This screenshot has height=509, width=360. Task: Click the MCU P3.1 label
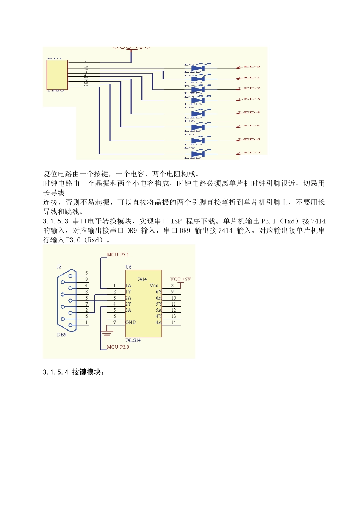click(x=118, y=254)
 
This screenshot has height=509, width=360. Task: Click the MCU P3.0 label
click(x=118, y=347)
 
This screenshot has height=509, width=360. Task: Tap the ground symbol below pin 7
click(x=107, y=334)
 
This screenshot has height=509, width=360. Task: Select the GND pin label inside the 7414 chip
click(x=131, y=323)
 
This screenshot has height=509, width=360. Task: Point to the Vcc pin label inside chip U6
click(x=154, y=286)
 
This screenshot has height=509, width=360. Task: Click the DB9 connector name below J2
click(x=61, y=335)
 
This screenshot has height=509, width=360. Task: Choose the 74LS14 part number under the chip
click(x=133, y=340)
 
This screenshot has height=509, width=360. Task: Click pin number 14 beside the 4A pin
click(x=174, y=323)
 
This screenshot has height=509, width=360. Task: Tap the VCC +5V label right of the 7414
click(x=180, y=279)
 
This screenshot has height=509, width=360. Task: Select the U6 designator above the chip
click(x=128, y=267)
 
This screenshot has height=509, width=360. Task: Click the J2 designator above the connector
click(x=59, y=267)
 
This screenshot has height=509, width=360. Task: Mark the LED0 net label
click(x=249, y=67)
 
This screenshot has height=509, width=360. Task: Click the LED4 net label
click(x=249, y=112)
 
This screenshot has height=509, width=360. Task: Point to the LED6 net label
click(x=249, y=139)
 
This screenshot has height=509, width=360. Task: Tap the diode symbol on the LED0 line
click(x=198, y=68)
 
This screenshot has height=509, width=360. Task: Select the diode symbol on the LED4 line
click(x=198, y=114)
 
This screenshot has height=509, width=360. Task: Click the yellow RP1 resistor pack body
click(x=57, y=75)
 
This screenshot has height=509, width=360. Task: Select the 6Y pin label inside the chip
click(x=158, y=292)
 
